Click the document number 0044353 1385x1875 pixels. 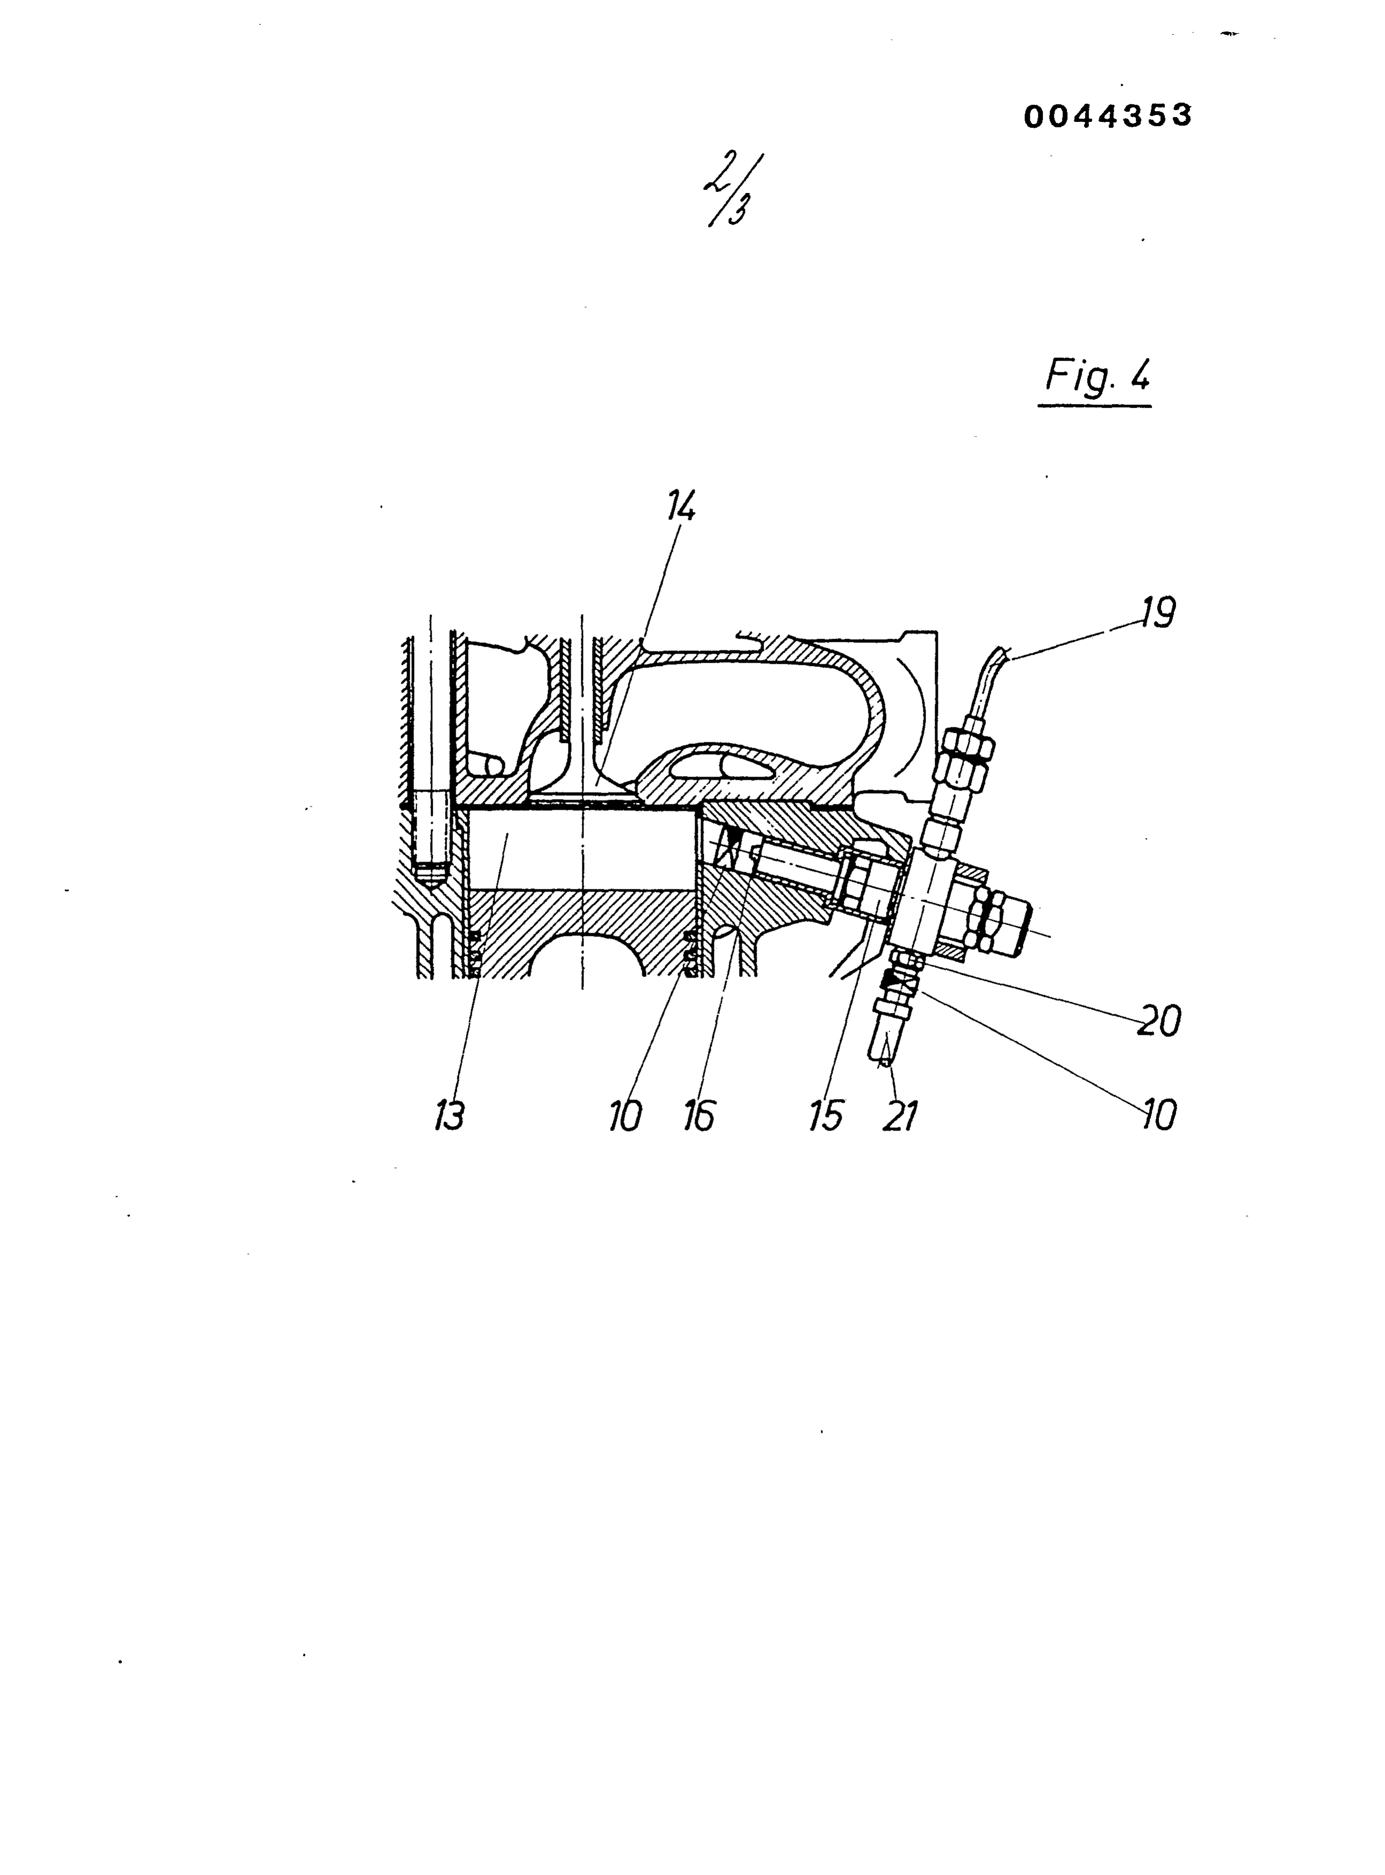click(x=1107, y=117)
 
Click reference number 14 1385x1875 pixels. click(x=681, y=507)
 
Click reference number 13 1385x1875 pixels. click(x=449, y=1115)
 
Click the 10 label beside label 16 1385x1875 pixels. click(x=625, y=1115)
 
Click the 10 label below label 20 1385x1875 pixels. click(x=1158, y=1114)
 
